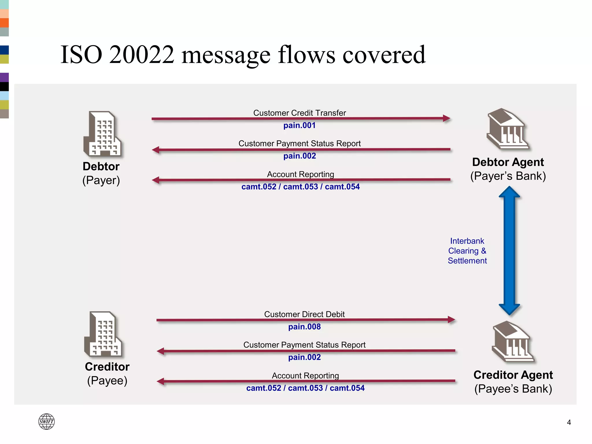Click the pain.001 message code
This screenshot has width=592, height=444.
[x=299, y=125]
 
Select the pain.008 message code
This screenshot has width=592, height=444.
[x=304, y=327]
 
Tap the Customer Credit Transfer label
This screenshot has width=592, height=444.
[x=299, y=113]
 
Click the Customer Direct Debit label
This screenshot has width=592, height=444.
[x=304, y=314]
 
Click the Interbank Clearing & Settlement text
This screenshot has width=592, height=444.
[x=467, y=251]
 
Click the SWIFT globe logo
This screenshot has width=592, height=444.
[x=47, y=421]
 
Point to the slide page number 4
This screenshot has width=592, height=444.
[x=569, y=423]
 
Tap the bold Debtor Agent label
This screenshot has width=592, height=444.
[x=508, y=162]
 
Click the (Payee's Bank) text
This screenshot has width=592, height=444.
[x=513, y=389]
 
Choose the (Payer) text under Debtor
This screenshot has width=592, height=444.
[x=101, y=180]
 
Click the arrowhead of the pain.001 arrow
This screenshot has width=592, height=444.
[x=447, y=118]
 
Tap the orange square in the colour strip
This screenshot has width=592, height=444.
[x=4, y=23]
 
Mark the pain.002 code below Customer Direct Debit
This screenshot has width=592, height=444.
[x=304, y=358]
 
